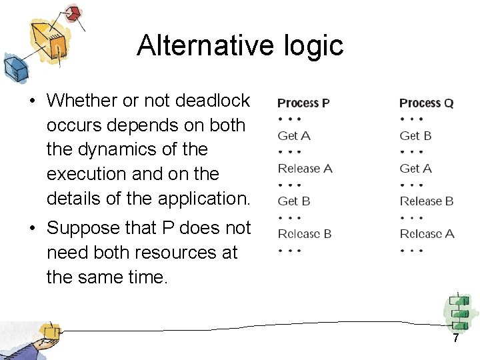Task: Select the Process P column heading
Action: [303, 103]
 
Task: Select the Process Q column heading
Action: [426, 103]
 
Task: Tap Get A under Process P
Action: [294, 136]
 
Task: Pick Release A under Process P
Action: [305, 169]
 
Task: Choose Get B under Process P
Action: [294, 201]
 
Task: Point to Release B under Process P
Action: [305, 234]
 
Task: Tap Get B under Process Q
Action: [415, 136]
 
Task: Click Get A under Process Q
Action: [415, 169]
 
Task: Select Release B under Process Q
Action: [427, 201]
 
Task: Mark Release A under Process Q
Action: [427, 234]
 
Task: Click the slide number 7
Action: [456, 338]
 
